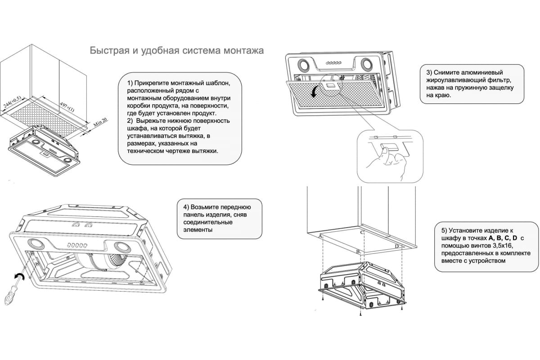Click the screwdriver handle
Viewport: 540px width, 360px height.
(x=9, y=297)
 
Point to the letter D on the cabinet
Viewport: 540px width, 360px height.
(x=397, y=247)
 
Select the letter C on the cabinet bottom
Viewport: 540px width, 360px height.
(x=362, y=232)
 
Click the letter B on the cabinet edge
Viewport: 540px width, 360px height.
(x=358, y=252)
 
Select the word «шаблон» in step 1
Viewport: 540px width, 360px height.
(x=214, y=83)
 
